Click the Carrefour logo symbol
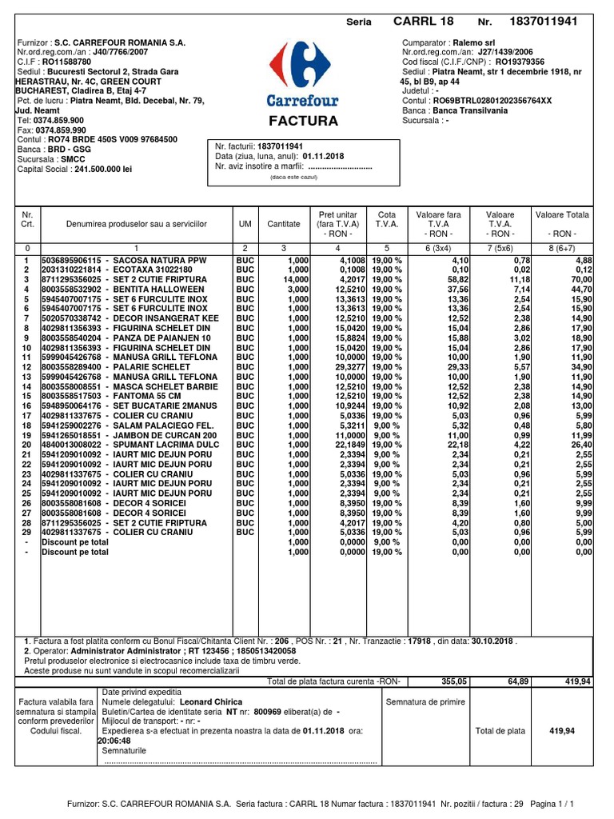(x=301, y=68)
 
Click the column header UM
(x=245, y=225)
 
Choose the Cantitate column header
(x=284, y=225)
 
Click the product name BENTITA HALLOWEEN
(x=159, y=289)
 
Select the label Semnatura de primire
(x=425, y=701)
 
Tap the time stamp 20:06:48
(x=114, y=740)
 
